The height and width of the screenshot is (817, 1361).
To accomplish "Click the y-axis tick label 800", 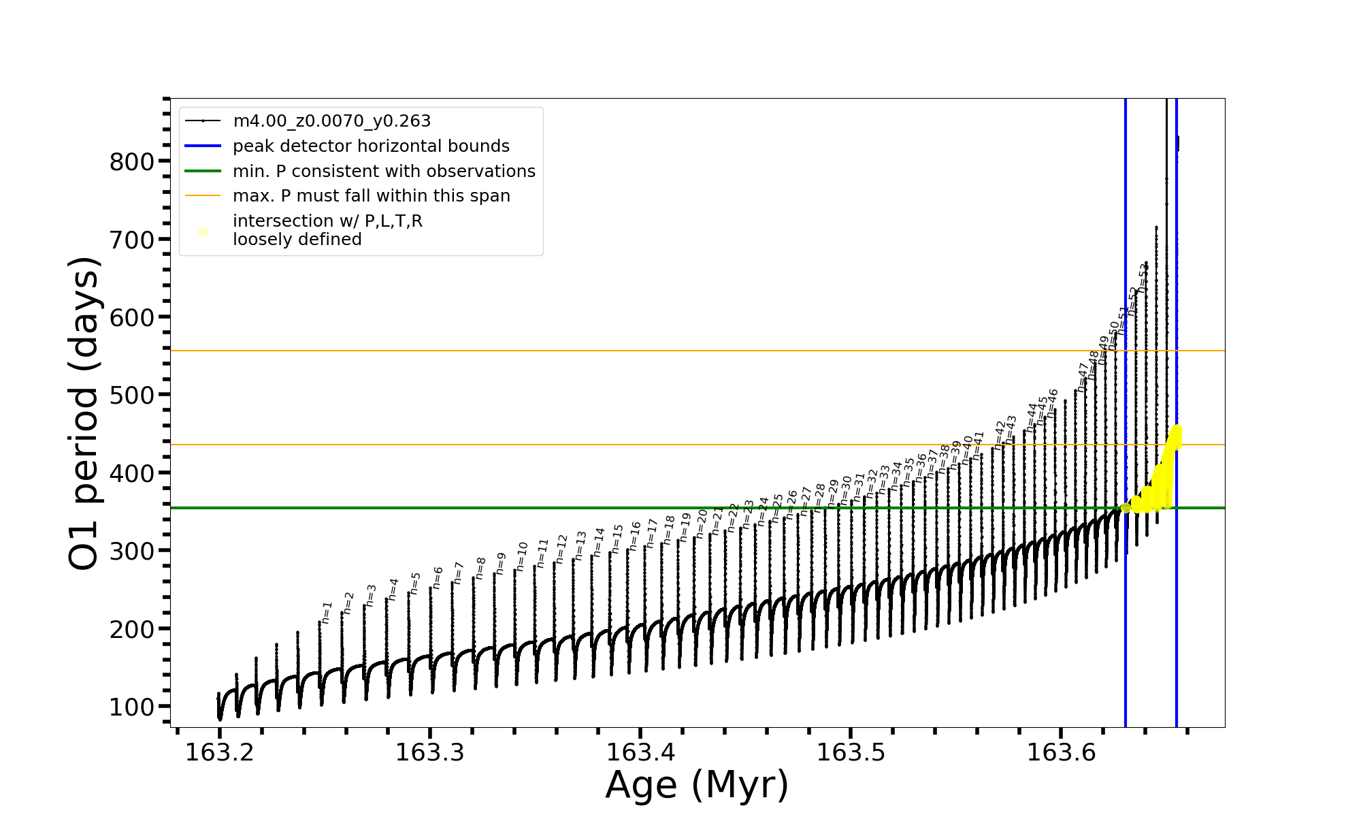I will coord(132,162).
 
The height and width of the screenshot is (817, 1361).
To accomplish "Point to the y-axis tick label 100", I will coord(132,707).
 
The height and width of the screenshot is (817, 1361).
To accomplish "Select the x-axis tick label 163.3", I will coord(429,752).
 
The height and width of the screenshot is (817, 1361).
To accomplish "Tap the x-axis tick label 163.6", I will coord(1060,752).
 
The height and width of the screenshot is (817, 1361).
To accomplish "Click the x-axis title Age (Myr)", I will coord(697,785).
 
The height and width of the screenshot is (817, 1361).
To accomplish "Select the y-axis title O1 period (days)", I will coord(84,413).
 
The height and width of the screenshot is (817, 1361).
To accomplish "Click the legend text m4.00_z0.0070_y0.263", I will coord(331,121).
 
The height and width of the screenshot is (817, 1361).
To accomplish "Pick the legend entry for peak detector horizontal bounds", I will coord(371,146).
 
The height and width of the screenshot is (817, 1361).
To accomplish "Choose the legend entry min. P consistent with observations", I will coord(384,172).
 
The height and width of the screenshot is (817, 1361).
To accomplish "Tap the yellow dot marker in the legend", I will coord(203,232).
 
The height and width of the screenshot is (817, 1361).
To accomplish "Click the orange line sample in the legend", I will coord(203,196).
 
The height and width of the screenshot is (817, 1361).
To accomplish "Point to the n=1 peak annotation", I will coord(327,612).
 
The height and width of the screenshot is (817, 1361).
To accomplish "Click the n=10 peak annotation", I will coord(522,556).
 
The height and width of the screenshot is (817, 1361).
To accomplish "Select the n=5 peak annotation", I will coord(415,583).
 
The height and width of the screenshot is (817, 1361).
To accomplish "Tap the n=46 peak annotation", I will coord(1052,402).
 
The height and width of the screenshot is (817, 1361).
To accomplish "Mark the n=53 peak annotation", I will coord(1143,277).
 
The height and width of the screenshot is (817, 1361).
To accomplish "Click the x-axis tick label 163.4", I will coord(640,752).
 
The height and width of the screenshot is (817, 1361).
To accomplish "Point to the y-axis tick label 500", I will coord(132,396).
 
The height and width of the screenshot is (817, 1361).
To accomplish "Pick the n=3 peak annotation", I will coord(371,595).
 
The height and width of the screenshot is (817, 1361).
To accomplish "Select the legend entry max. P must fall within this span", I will coord(371,196).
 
